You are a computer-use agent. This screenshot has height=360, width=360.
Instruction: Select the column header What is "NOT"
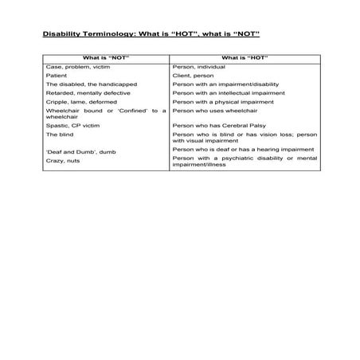coord(105,57)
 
